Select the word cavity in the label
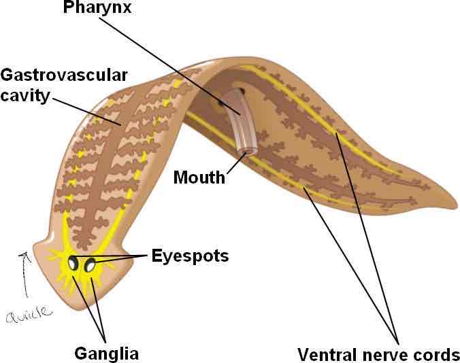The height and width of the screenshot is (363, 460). coord(25,96)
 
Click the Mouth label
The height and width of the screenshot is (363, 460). coord(199,178)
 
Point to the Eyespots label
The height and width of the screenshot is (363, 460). coord(191,256)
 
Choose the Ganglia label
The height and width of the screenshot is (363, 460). coord(106,353)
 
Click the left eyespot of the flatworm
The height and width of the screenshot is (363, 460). coord(73,263)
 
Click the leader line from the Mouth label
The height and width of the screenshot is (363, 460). coord(235,165)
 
